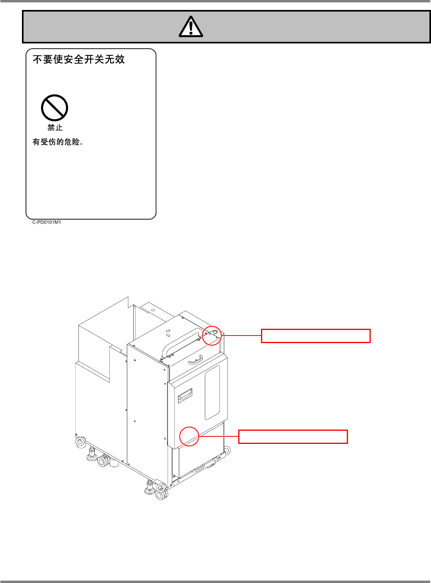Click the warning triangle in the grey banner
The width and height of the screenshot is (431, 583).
pyautogui.click(x=191, y=27)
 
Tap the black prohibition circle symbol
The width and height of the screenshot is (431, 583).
pyautogui.click(x=55, y=108)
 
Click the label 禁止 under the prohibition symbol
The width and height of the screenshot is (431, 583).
pyautogui.click(x=55, y=128)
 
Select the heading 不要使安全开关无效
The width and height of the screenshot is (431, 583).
pyautogui.click(x=79, y=59)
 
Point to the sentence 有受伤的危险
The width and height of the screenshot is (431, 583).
pyautogui.click(x=58, y=142)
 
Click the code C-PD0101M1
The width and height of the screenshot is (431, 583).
pyautogui.click(x=47, y=222)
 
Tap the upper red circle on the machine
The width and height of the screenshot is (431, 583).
pyautogui.click(x=212, y=336)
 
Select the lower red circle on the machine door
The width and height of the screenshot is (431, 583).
pyautogui.click(x=189, y=436)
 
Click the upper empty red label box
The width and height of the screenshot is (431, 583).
pyautogui.click(x=316, y=336)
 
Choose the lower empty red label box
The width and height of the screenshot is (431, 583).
pyautogui.click(x=293, y=437)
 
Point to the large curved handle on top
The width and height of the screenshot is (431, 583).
pyautogui.click(x=180, y=341)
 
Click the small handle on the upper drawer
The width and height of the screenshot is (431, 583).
pyautogui.click(x=196, y=360)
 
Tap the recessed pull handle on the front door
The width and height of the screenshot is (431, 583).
pyautogui.click(x=185, y=396)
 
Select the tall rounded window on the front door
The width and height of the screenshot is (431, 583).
pyautogui.click(x=212, y=393)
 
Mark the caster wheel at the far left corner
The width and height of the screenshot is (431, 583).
pyautogui.click(x=81, y=441)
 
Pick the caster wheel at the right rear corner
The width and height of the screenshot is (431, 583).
pyautogui.click(x=227, y=451)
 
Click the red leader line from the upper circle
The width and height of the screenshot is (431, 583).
pyautogui.click(x=241, y=336)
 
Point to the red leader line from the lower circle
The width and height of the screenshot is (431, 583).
pyautogui.click(x=219, y=436)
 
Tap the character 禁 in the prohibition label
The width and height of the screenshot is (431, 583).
pyautogui.click(x=51, y=128)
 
